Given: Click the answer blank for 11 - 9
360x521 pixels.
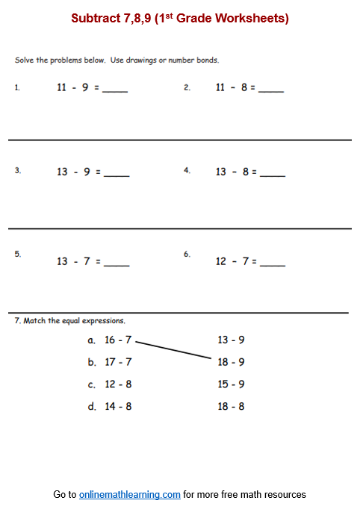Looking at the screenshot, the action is pos(115,90).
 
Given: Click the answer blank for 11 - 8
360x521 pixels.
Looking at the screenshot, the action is pos(271,90).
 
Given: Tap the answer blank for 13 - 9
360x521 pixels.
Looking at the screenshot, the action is pos(117,175).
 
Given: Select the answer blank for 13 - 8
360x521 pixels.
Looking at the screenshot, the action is pos(273,175).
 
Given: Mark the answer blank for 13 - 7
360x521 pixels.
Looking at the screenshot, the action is pos(117,264).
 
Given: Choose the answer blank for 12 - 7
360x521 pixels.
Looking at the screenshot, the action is pos(273,264).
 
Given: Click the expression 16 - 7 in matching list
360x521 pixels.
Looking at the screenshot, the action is pos(118,340).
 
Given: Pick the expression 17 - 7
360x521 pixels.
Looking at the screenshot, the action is pos(118,362).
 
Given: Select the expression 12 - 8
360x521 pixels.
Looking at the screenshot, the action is pos(118,384).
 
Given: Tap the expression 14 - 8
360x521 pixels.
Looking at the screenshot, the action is pos(118,407).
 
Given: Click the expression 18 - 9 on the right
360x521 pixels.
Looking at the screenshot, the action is pos(231,362).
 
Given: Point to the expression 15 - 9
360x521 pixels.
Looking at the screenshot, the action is pos(231,384).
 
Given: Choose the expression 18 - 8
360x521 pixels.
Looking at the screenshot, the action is pos(231,407).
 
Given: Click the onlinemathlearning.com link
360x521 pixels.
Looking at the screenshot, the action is pos(130,494).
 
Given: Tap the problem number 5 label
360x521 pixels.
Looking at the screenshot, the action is pos(18,254).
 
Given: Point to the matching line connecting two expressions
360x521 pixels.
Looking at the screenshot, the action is pos(174,351).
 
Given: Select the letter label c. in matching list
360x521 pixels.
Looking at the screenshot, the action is pos(91,385).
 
